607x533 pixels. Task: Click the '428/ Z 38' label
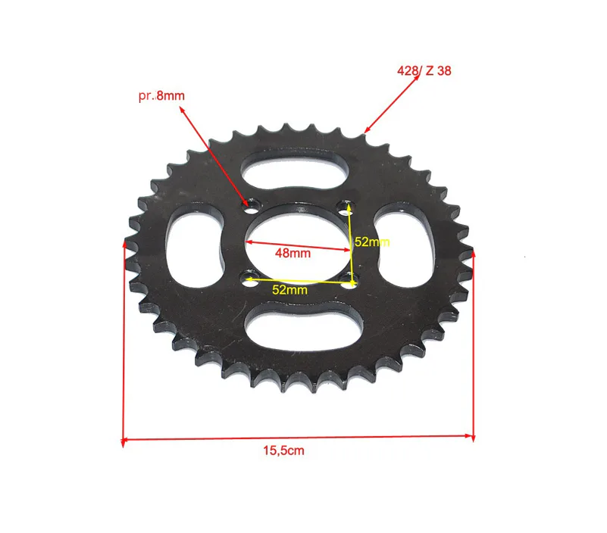click(x=424, y=70)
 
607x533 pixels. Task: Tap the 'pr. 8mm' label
click(x=161, y=95)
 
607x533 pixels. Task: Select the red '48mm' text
click(x=293, y=254)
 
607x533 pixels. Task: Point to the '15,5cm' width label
click(x=283, y=450)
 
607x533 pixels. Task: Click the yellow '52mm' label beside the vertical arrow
click(x=372, y=242)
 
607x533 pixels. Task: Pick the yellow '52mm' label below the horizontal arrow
click(x=289, y=290)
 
